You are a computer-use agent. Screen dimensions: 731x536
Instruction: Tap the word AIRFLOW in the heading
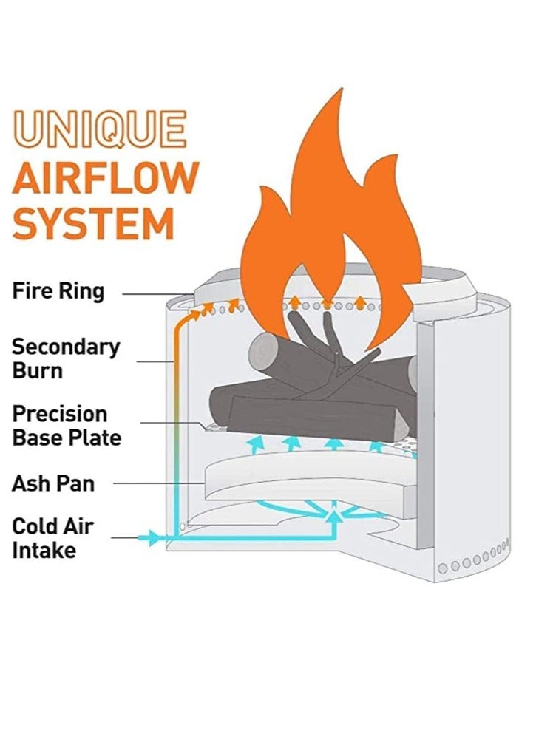106,177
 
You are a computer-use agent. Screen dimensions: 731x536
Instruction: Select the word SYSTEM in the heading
93,224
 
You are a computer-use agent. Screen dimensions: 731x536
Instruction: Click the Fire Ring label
58,291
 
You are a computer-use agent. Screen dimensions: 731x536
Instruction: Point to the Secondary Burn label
65,358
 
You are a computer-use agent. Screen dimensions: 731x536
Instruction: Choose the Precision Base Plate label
67,425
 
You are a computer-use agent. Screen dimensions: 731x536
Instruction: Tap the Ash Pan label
52,484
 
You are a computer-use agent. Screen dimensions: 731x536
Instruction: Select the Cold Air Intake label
52,538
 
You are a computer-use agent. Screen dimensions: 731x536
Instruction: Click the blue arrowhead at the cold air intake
153,537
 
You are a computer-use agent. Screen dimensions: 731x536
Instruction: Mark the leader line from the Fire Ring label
159,294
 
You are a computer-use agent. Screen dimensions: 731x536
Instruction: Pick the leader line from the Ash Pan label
159,484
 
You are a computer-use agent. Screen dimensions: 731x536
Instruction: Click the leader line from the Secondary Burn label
155,361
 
